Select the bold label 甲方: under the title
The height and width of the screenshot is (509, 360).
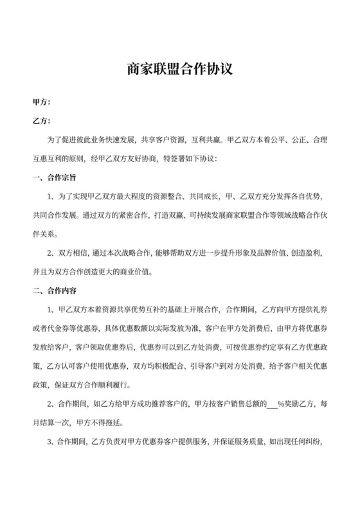coord(41,102)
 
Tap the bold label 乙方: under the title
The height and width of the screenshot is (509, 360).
coord(41,120)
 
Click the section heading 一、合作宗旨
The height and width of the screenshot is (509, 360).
coord(56,176)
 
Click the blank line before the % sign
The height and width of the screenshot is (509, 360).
coord(272,405)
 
